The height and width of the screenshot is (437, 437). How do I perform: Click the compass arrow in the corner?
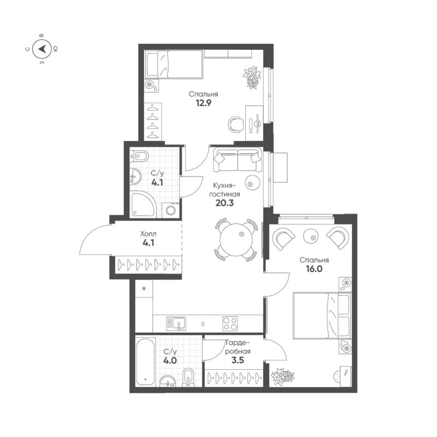[42, 50]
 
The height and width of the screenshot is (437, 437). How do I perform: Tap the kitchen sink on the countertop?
[178, 323]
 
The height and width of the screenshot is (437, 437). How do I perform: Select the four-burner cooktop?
[230, 323]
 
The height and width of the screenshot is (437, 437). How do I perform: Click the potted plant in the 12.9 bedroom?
[252, 77]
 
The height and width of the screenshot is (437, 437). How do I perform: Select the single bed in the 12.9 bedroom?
[174, 65]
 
